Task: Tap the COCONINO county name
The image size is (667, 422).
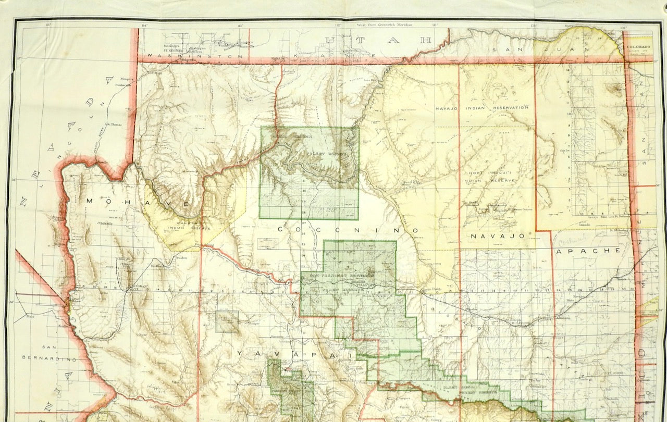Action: [x=348, y=229]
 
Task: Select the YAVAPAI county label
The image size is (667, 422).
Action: [x=294, y=353]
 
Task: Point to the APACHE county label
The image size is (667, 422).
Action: [x=589, y=250]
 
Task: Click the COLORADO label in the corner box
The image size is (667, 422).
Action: [x=639, y=46]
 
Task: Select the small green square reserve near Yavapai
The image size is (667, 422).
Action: [x=227, y=321]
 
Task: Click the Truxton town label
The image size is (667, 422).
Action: [x=181, y=257]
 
